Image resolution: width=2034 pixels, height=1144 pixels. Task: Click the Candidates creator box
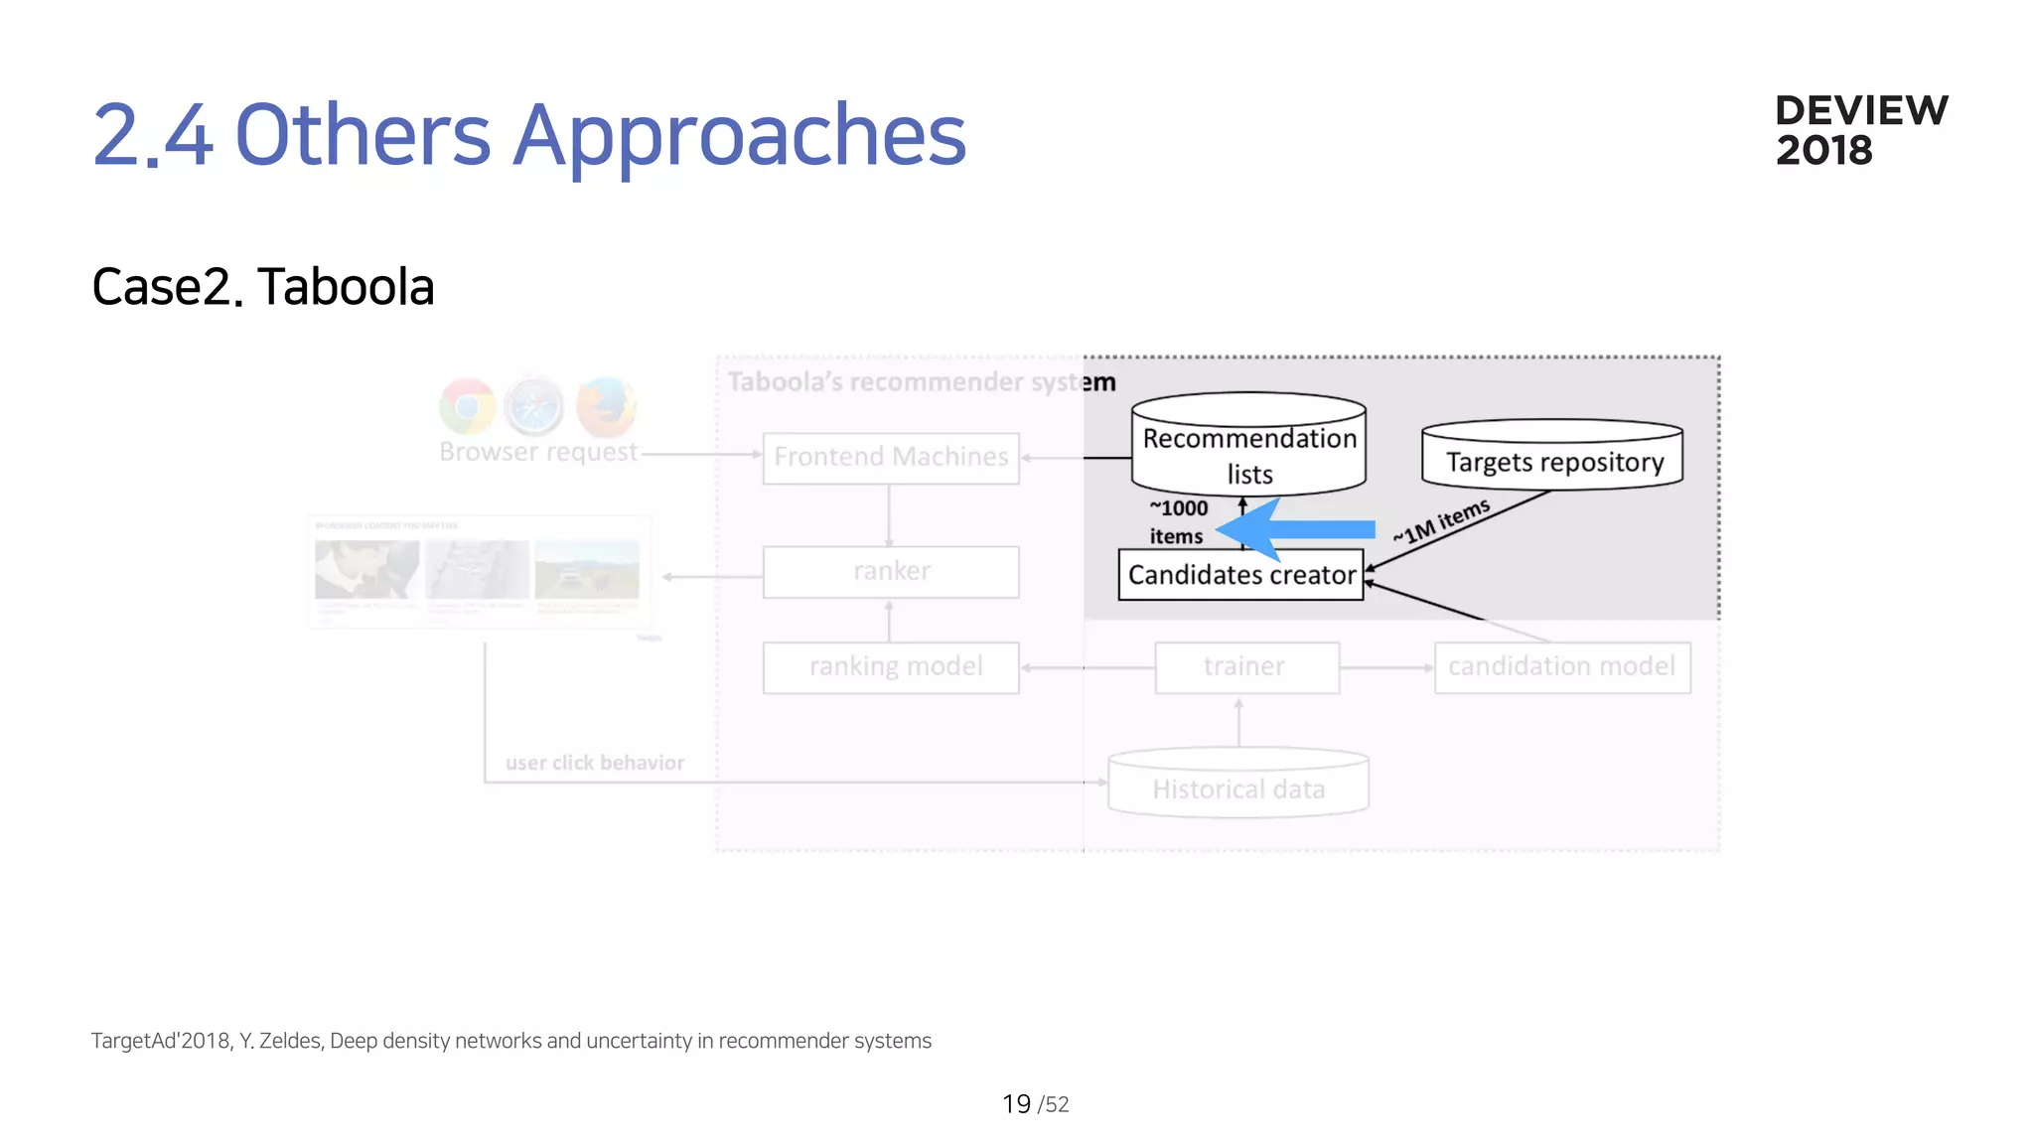(x=1240, y=575)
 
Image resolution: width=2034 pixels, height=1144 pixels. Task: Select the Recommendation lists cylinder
(x=1248, y=447)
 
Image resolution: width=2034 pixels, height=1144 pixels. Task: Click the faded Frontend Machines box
(x=891, y=458)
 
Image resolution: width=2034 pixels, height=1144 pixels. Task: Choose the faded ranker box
(x=891, y=572)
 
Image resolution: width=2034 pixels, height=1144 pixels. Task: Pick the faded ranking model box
(x=891, y=667)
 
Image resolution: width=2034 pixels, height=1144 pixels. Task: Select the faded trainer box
(x=1245, y=667)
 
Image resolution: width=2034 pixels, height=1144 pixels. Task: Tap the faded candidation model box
(x=1561, y=667)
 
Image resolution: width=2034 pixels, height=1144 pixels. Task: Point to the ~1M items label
(x=1441, y=521)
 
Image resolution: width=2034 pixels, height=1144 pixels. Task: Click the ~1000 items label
(x=1178, y=522)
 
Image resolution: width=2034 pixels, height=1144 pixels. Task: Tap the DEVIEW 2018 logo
(x=1860, y=130)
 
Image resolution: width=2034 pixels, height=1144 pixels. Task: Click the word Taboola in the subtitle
(x=346, y=287)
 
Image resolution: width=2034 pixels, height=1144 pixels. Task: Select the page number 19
(x=1016, y=1104)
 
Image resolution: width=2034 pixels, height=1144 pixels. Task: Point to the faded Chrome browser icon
(x=468, y=406)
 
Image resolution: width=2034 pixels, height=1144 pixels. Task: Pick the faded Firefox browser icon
(x=606, y=406)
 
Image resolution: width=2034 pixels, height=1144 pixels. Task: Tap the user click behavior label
(x=594, y=763)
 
